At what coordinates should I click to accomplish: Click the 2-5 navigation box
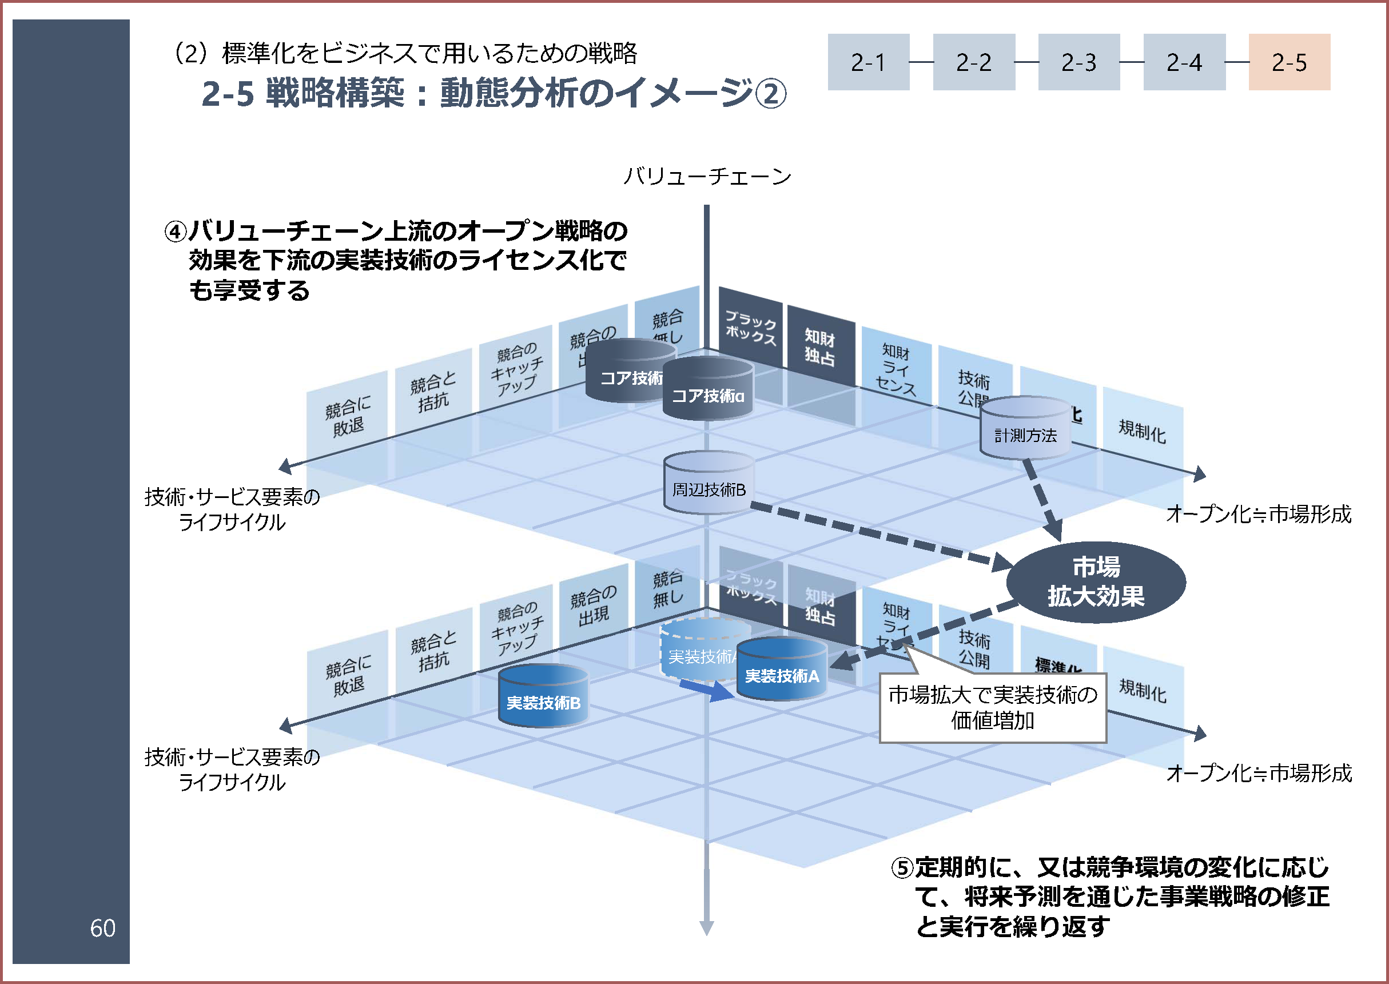pos(1289,62)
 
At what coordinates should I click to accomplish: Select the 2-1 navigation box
pos(868,62)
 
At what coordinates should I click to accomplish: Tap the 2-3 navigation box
pos(1078,62)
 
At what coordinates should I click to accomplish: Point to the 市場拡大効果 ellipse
pos(1096,581)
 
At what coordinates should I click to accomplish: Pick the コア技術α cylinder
pos(708,389)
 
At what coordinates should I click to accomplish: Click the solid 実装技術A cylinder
pos(782,670)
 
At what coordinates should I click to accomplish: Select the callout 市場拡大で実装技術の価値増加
pos(993,708)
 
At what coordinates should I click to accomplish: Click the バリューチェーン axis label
pos(707,176)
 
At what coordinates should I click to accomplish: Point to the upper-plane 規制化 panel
pos(1142,431)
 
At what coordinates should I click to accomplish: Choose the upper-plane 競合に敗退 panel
pos(348,417)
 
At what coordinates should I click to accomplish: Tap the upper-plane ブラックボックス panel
pos(750,328)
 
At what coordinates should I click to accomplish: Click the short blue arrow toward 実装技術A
pos(707,690)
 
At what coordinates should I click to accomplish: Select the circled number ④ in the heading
pos(176,232)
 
